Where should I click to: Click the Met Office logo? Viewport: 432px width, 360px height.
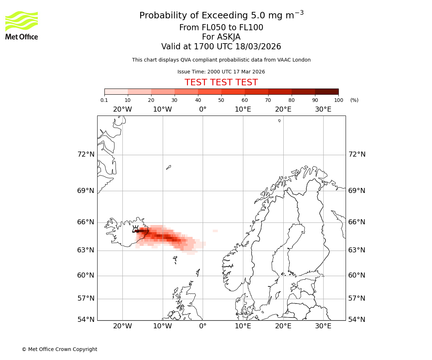point(22,25)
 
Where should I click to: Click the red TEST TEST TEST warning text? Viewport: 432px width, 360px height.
point(221,82)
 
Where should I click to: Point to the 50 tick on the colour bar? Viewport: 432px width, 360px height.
point(221,100)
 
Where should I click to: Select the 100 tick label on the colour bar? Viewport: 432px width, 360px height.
point(338,100)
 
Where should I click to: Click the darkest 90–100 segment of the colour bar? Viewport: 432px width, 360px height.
point(327,91)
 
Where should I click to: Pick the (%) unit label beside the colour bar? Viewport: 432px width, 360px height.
point(354,100)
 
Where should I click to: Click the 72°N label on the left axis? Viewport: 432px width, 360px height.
point(86,154)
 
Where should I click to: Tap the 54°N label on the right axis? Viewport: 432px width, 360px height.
point(357,320)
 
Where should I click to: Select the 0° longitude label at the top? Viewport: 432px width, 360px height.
point(203,109)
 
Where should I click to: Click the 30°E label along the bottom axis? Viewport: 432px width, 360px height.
point(323,326)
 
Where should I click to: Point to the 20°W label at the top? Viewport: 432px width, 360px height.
point(122,109)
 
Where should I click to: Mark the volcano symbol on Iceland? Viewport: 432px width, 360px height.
point(135,229)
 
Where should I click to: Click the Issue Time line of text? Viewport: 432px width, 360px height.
point(221,72)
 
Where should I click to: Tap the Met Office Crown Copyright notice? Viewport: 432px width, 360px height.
point(59,349)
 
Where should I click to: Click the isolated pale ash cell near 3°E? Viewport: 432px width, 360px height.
point(215,231)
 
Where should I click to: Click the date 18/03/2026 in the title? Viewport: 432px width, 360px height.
point(258,47)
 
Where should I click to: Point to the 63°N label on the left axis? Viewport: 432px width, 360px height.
point(86,250)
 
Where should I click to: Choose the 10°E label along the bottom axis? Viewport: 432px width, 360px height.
point(243,326)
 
